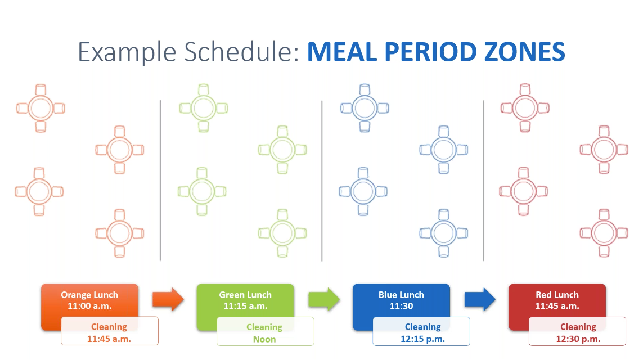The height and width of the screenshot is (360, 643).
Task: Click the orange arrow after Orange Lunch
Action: (168, 299)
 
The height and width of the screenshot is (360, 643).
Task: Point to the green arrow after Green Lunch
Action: (324, 299)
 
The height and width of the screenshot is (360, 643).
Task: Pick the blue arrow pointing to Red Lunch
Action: (480, 299)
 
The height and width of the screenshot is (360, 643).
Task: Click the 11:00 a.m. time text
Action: (89, 306)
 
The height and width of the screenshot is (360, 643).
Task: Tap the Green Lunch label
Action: (245, 295)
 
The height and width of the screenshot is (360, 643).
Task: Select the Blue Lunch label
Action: (401, 295)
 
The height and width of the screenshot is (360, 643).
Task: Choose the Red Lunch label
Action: (557, 295)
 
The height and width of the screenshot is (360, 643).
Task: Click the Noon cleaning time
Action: (264, 339)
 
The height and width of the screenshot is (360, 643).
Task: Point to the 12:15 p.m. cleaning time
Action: (423, 339)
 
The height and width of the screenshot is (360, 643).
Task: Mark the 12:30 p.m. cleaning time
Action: (578, 339)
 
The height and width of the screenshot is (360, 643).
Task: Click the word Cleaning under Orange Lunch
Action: (109, 327)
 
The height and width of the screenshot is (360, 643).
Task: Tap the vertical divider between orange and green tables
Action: (160, 181)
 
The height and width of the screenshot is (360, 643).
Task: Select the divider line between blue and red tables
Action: (483, 181)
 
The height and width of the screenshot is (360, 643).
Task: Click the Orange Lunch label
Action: (89, 295)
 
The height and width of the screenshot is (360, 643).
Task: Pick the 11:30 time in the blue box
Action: (402, 306)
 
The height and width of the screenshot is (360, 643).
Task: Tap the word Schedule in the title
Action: (242, 52)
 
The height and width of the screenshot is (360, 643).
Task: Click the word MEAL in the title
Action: (342, 52)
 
